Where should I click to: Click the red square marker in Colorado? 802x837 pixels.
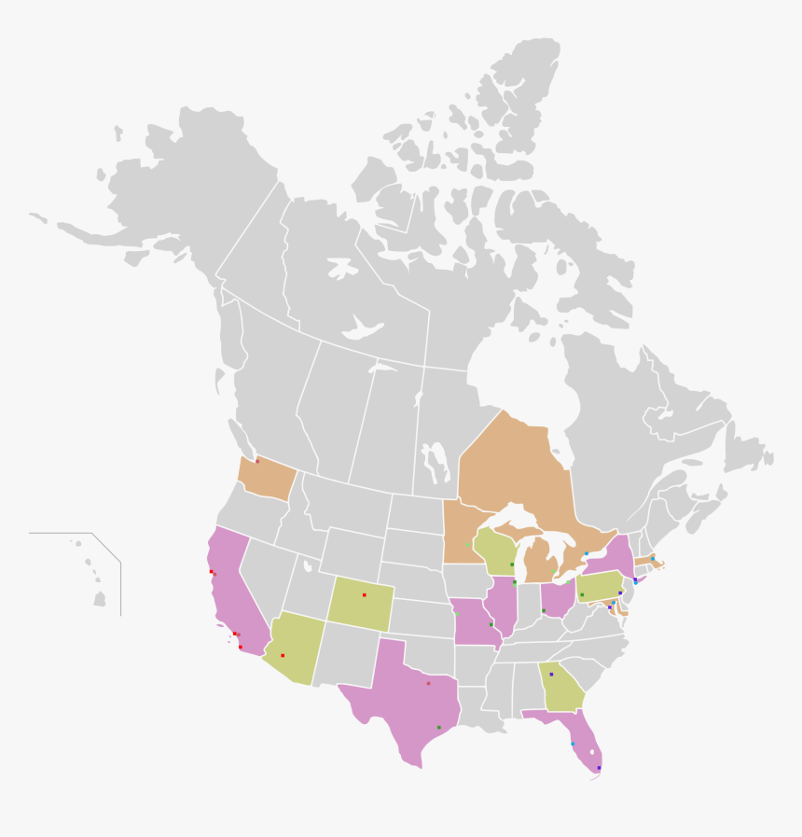click(364, 594)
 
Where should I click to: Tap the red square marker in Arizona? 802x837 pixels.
click(283, 655)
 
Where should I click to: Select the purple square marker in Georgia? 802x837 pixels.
click(551, 674)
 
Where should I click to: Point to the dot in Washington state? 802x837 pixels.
click(257, 461)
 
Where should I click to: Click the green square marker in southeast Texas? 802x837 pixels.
click(439, 727)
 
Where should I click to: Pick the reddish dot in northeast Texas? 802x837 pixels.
click(428, 683)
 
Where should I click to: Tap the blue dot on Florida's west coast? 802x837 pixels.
click(573, 744)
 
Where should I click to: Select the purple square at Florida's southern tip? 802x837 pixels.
click(599, 768)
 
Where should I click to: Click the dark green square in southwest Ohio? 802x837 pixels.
click(544, 610)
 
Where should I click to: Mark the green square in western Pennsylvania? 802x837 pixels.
click(582, 594)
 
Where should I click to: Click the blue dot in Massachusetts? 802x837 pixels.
click(653, 559)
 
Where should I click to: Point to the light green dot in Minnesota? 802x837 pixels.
click(468, 545)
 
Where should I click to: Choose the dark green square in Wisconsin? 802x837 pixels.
click(512, 565)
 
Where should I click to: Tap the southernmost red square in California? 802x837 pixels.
click(240, 647)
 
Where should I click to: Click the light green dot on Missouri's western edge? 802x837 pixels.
click(457, 613)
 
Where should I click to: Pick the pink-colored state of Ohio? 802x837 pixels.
click(557, 597)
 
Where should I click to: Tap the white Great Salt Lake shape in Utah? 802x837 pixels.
click(308, 565)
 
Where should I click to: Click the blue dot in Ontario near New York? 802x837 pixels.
click(587, 554)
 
